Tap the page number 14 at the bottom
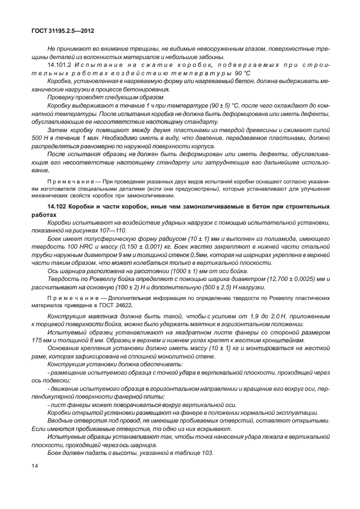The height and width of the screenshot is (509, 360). [35, 465]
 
